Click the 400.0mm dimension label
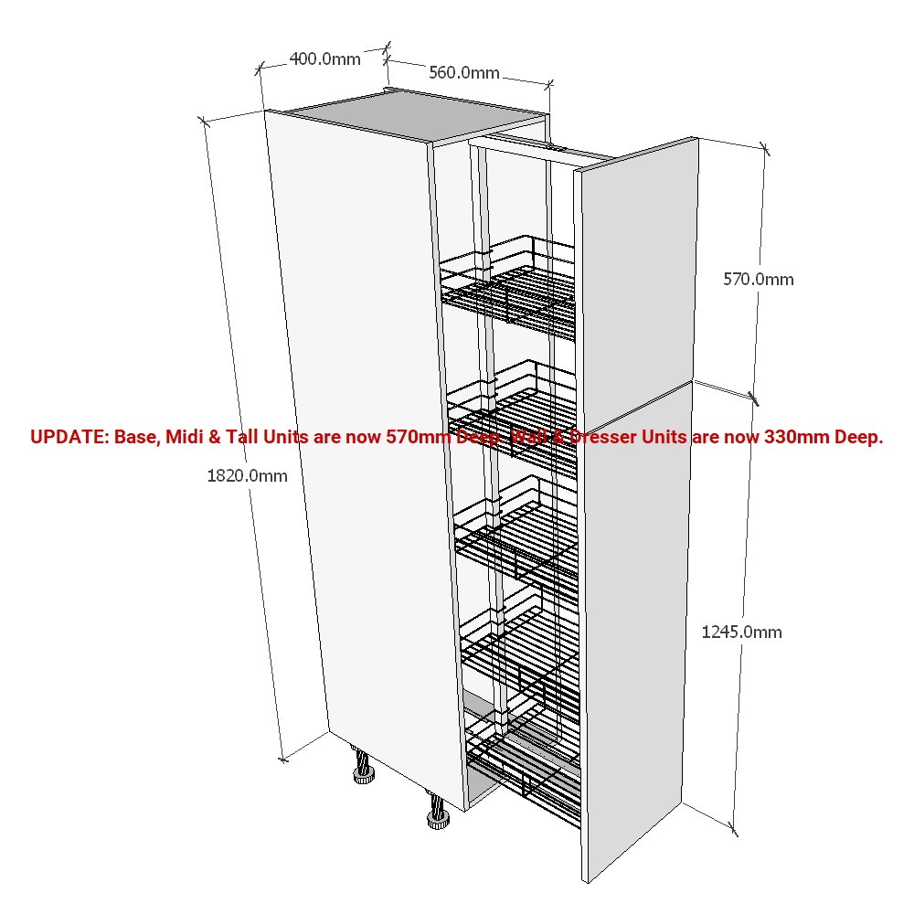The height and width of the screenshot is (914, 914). pos(324,58)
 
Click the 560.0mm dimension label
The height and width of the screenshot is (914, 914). pos(464,72)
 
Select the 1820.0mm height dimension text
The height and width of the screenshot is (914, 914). pos(247,475)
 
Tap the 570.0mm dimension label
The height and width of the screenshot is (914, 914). pos(759,279)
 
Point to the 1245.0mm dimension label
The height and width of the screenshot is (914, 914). pos(741,632)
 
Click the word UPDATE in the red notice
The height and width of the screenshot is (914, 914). pos(69,437)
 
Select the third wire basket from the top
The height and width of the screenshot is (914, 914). pos(516,534)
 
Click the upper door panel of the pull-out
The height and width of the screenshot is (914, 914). pos(636,274)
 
